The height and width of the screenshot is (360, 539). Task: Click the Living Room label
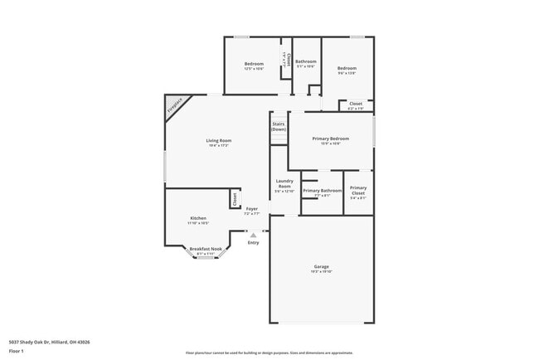[219, 141]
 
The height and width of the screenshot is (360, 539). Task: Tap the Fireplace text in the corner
[174, 105]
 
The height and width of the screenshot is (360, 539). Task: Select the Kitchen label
[197, 218]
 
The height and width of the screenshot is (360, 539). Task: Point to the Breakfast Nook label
[206, 249]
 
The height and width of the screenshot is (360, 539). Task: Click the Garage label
[321, 267]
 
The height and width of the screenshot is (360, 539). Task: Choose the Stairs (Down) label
[279, 127]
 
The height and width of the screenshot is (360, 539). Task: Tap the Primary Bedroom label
[330, 139]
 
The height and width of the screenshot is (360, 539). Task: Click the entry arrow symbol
[254, 235]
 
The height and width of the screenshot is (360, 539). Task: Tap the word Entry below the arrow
[254, 242]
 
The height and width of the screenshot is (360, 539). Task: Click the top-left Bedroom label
[254, 64]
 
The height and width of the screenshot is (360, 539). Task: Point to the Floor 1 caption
[17, 351]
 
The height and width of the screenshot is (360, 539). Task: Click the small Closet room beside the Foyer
[235, 199]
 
